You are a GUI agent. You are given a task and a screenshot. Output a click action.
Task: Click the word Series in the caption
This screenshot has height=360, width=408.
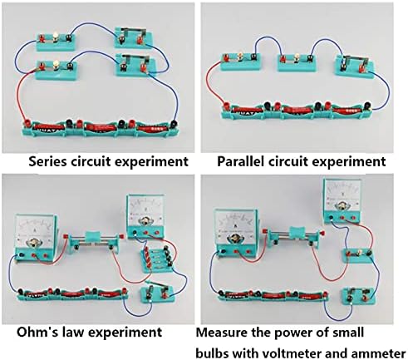click(48, 161)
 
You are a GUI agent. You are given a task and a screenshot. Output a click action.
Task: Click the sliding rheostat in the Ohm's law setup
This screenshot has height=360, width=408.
click(94, 243)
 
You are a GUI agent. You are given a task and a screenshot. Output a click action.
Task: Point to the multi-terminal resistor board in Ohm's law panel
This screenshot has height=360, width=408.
click(158, 259)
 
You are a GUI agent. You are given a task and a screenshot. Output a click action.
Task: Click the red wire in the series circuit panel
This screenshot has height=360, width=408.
click(26, 96)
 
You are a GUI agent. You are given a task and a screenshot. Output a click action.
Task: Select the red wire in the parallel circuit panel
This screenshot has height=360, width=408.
click(215, 82)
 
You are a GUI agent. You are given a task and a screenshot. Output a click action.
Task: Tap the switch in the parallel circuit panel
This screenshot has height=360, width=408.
click(354, 66)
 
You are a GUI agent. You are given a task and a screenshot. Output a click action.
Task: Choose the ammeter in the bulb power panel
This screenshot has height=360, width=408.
click(236, 233)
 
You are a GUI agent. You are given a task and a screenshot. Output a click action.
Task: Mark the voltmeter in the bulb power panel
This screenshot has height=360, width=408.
click(342, 200)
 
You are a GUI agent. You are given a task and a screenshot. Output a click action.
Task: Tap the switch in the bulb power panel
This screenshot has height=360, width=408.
click(359, 297)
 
